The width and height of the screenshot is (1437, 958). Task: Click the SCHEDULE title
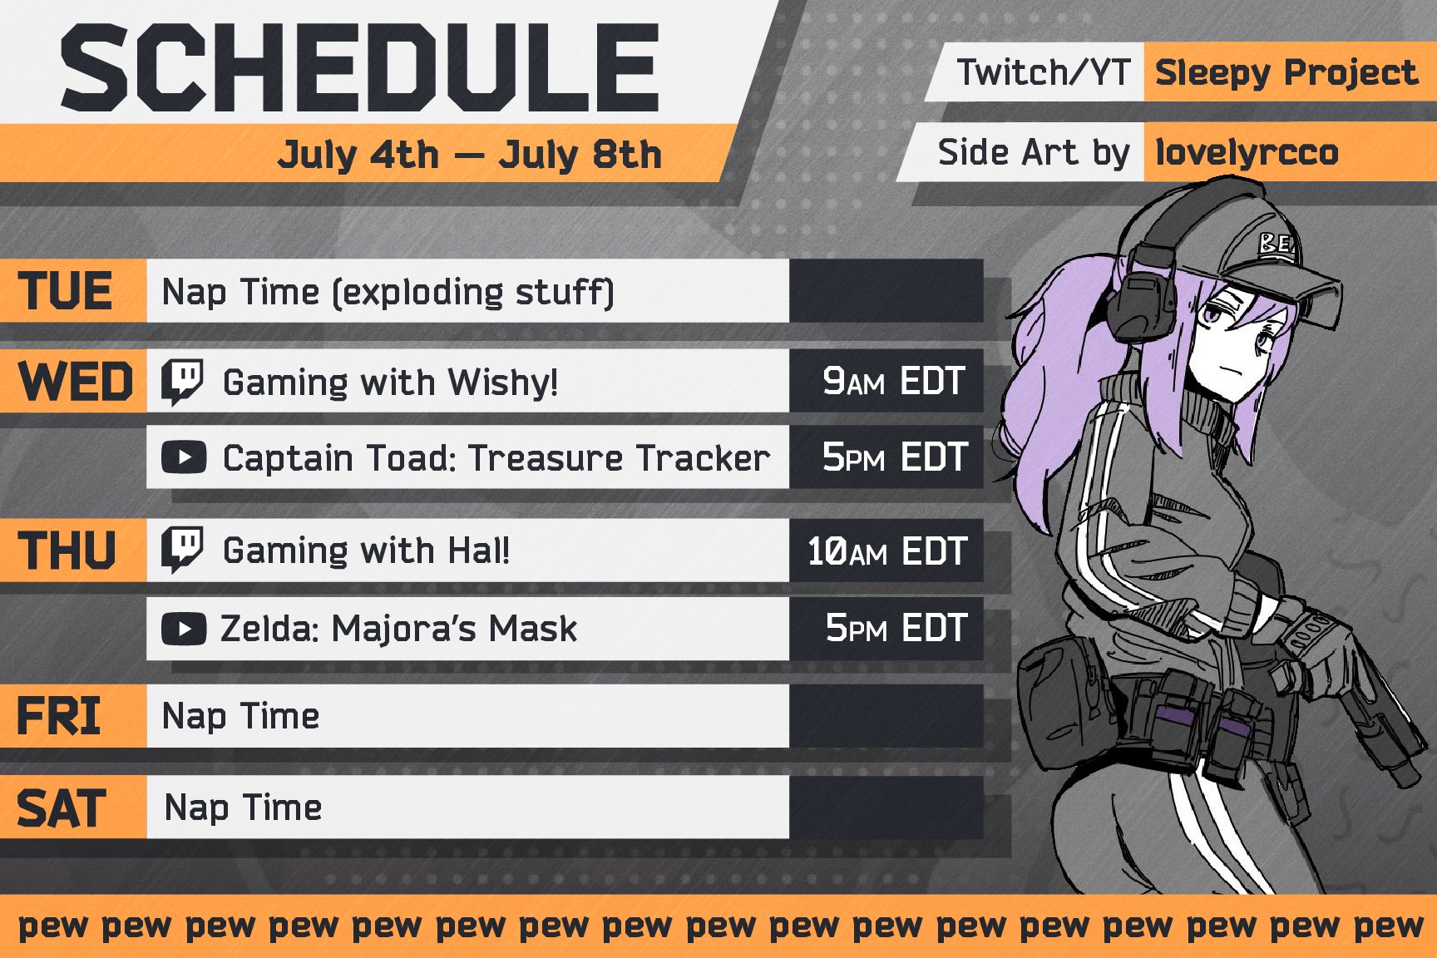359,68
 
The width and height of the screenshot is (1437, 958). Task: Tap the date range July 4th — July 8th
470,155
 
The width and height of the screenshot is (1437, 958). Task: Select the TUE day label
66,291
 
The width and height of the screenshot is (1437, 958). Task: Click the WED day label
75,382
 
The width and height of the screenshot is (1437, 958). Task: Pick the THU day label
67,551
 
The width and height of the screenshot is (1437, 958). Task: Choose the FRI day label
59,716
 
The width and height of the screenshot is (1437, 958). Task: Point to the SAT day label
62,807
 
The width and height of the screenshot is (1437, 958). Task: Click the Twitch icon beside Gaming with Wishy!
182,383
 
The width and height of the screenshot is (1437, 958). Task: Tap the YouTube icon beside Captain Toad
184,457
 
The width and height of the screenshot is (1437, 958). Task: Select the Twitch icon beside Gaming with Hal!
182,551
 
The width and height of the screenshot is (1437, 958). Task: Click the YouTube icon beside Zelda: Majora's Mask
184,629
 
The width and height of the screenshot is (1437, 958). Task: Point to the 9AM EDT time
894,382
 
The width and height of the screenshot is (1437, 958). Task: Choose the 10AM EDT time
887,551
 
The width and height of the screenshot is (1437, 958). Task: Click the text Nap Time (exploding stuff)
388,292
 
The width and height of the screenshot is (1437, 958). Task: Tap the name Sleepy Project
1286,73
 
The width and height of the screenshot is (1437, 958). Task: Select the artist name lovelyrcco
1247,152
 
